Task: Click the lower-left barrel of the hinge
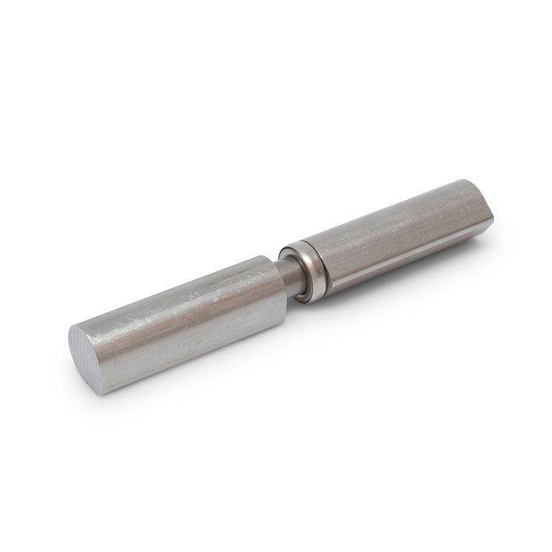(x=189, y=304)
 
